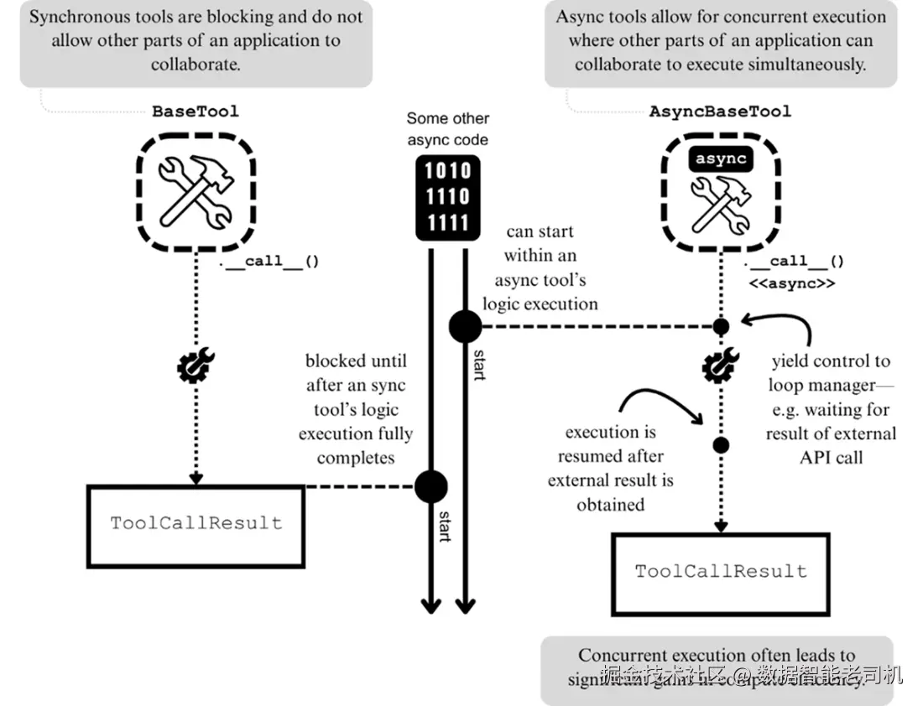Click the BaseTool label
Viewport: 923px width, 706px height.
[x=195, y=111]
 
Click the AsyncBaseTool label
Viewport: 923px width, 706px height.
[x=720, y=111]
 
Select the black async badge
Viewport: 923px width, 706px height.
[x=720, y=159]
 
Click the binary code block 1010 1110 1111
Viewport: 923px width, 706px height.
[x=447, y=196]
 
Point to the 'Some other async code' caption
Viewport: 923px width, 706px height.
[x=448, y=129]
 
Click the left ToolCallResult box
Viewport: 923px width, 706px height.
[x=196, y=523]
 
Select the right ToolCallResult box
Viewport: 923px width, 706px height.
[x=720, y=572]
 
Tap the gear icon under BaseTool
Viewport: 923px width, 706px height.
[x=196, y=367]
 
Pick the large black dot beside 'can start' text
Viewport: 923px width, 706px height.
[x=465, y=326]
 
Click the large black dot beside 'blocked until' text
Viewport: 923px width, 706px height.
[x=431, y=486]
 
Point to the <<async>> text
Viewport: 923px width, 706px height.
[x=792, y=283]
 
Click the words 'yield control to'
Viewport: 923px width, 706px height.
[x=831, y=361]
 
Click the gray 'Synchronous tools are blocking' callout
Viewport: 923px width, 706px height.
[x=196, y=42]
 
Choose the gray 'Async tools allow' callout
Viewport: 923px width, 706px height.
[x=720, y=42]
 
